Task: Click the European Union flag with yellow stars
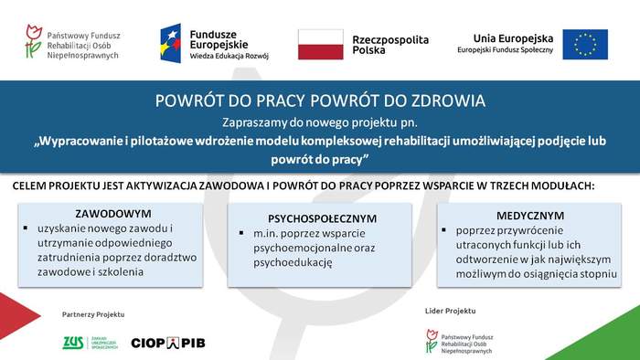(584, 43)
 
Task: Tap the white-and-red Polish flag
(320, 44)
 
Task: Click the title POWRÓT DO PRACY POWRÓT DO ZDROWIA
(320, 101)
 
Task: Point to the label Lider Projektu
(450, 312)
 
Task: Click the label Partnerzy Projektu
(92, 314)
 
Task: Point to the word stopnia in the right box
(595, 273)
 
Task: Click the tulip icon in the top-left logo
(34, 42)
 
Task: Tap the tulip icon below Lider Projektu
(432, 340)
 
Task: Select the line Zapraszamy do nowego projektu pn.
(319, 122)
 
